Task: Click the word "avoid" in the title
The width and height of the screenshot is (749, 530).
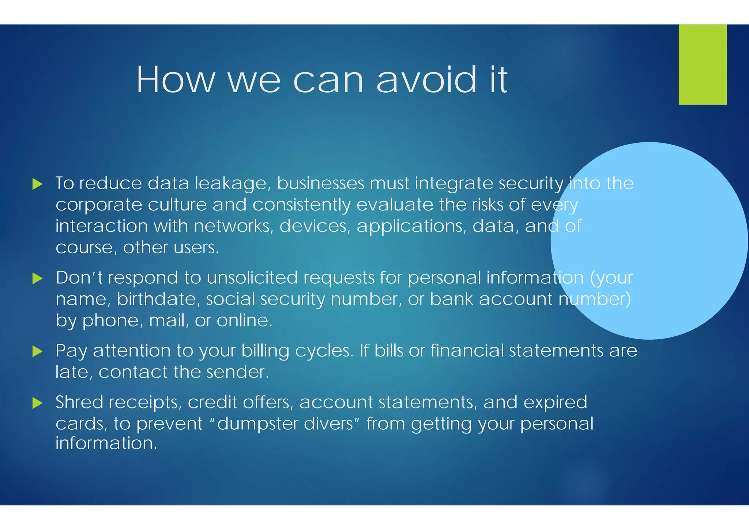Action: pos(426,80)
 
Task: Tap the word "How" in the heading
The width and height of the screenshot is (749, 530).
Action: pos(176,80)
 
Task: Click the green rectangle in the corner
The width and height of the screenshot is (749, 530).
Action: pos(703,64)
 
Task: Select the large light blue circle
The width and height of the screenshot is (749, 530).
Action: pos(649,241)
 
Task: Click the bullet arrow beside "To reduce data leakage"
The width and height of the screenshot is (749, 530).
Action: pos(37,184)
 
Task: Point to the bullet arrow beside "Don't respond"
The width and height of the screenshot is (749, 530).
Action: pos(37,279)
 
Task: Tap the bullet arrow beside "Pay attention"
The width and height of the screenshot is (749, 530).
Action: pos(37,351)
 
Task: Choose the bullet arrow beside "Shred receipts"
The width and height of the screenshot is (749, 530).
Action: pos(37,403)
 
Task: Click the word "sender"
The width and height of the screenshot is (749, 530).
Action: pos(237,372)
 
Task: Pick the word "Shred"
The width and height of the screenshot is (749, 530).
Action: pos(79,402)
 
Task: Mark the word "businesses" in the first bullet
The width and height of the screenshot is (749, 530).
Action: pos(320,183)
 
